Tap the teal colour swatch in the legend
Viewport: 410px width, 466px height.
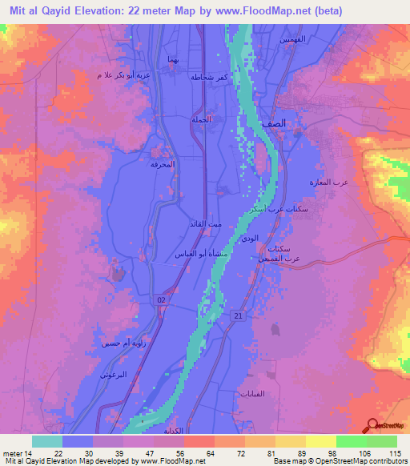pos(46,440)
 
